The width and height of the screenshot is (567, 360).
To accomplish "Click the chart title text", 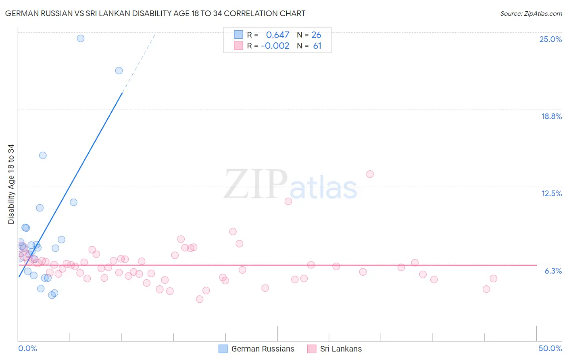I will (155, 13).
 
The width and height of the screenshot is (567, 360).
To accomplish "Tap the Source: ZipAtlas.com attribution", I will (531, 13).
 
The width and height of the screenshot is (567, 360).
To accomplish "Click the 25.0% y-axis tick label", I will (550, 39).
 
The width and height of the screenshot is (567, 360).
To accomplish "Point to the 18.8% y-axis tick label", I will (551, 116).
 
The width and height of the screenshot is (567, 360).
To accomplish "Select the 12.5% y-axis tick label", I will (551, 193).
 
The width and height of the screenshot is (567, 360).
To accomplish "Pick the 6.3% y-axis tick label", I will (553, 271).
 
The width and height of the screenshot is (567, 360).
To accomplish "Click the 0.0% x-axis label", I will (27, 348).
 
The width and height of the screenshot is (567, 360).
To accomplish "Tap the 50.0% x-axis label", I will (550, 348).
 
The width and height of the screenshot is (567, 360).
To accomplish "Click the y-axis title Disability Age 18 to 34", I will (11, 184).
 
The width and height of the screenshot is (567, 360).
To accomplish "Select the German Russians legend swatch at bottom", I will (223, 349).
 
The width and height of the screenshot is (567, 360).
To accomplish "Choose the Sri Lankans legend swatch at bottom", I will (312, 349).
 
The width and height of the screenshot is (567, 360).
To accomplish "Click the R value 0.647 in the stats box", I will (277, 35).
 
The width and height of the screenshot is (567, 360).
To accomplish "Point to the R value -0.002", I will (275, 46).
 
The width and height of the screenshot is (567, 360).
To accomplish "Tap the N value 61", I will (317, 46).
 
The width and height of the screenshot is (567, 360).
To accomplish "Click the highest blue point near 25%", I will (81, 38).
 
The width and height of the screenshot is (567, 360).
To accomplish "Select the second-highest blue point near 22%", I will (119, 71).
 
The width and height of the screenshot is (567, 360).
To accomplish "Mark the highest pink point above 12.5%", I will (370, 174).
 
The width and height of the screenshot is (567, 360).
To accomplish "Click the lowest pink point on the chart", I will (199, 299).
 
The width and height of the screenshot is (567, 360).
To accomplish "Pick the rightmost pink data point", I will (493, 278).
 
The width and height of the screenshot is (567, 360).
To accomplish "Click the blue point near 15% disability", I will (43, 155).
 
